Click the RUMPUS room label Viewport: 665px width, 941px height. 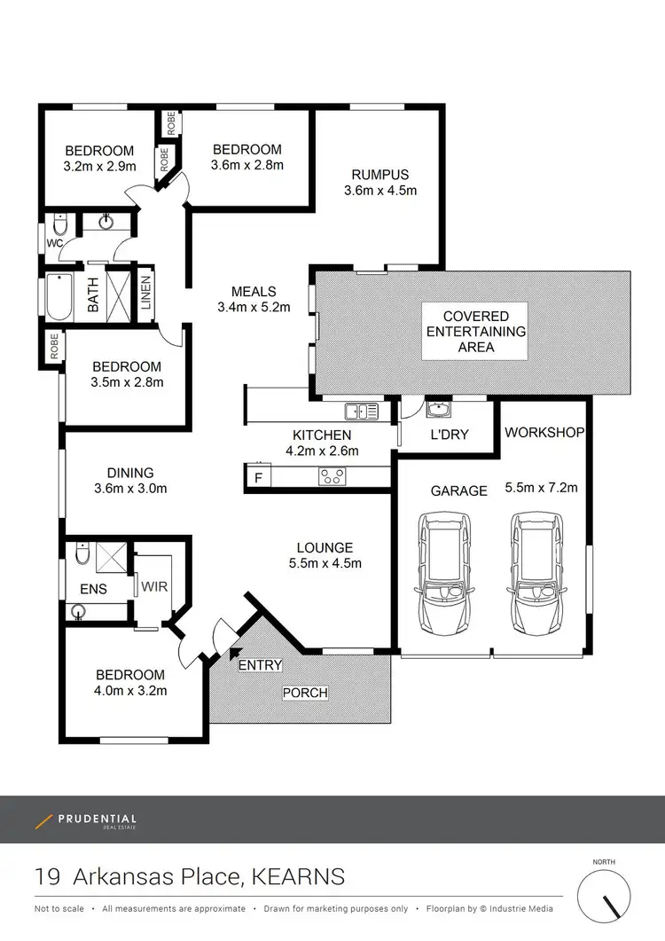click(380, 175)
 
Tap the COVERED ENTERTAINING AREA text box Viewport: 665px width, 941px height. click(476, 332)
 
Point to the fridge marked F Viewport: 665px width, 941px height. click(258, 479)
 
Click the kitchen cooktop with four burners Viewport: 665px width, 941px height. click(332, 477)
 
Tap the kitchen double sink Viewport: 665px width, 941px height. click(362, 412)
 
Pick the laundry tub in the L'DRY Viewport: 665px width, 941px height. click(437, 410)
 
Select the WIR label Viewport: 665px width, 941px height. click(154, 586)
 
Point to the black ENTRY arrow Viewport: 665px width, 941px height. click(236, 655)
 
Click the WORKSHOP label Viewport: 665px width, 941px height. click(544, 433)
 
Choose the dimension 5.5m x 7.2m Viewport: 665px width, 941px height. click(541, 487)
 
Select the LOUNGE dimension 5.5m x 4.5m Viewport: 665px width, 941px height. click(325, 563)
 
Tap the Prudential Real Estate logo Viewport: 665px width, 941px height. click(86, 821)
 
